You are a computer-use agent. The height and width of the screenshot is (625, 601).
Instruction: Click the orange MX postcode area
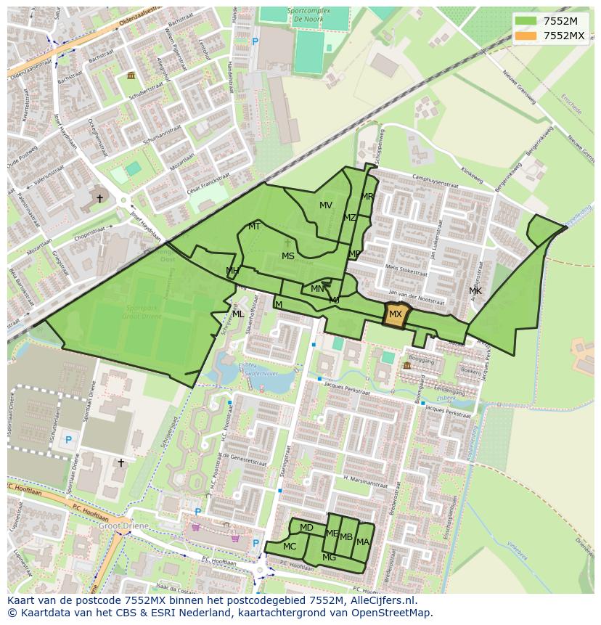pyautogui.click(x=396, y=315)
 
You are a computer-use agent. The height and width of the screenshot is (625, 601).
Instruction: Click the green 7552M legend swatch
pyautogui.click(x=526, y=21)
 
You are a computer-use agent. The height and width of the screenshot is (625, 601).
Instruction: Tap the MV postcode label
pyautogui.click(x=326, y=205)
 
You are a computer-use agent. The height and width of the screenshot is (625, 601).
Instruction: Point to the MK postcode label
pyautogui.click(x=475, y=291)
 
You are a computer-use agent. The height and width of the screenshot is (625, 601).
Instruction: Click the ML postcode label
pyautogui.click(x=238, y=314)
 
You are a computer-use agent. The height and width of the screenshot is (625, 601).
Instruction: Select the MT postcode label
pyautogui.click(x=254, y=226)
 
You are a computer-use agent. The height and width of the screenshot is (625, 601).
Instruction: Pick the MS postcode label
pyautogui.click(x=288, y=256)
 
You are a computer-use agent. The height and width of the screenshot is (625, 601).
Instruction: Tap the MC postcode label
pyautogui.click(x=290, y=547)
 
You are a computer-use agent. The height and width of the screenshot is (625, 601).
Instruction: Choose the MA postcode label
pyautogui.click(x=363, y=542)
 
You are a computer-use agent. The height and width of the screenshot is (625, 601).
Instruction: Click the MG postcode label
pyautogui.click(x=329, y=557)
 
